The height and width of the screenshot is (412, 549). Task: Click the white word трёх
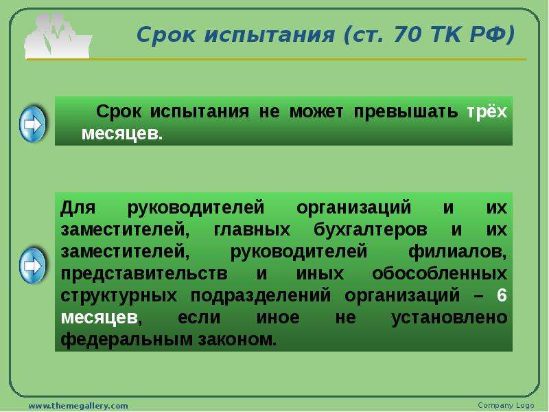click(487, 111)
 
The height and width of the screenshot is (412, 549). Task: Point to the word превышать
click(406, 112)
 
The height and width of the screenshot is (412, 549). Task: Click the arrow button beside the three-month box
click(32, 124)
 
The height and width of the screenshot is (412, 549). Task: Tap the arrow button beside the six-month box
click(32, 266)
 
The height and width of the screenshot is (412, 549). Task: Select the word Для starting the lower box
click(78, 207)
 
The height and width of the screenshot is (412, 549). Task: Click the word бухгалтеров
click(370, 230)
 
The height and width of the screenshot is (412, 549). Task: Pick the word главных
click(252, 230)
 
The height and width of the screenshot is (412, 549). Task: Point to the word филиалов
click(457, 252)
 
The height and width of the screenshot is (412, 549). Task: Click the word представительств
click(144, 274)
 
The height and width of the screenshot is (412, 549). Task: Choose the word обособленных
click(439, 273)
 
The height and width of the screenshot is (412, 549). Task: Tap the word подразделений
click(261, 296)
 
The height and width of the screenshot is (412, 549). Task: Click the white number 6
click(502, 295)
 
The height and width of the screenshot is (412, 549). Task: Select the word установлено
click(449, 318)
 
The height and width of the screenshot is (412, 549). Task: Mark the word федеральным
click(126, 339)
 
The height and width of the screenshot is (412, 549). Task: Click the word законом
click(237, 339)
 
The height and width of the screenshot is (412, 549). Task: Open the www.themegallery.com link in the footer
click(78, 406)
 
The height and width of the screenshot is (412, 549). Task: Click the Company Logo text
click(506, 405)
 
